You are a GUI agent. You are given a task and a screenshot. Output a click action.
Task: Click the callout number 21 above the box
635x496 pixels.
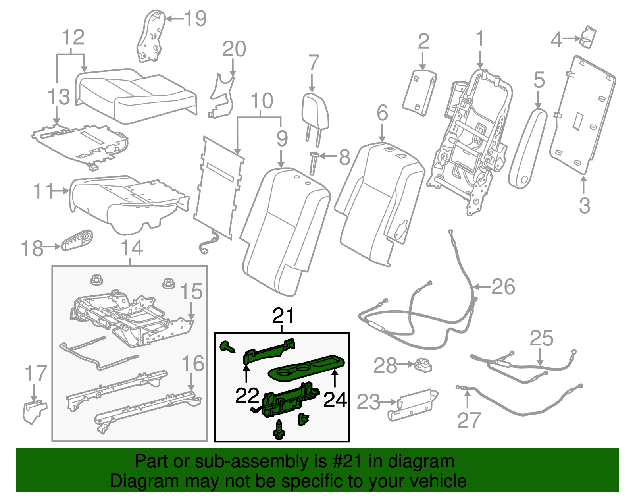coord(283,316)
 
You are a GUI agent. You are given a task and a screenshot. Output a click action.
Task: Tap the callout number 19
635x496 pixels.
coord(196,18)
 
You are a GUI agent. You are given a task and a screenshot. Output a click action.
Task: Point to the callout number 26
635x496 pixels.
coord(503,286)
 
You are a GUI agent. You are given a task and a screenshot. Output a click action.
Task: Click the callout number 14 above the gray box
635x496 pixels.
coord(131,248)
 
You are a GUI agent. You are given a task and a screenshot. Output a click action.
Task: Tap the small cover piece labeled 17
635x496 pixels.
coord(34,411)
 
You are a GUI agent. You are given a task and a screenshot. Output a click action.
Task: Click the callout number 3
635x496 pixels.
coord(584,205)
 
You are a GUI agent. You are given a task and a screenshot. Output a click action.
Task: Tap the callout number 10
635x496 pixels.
coord(262,101)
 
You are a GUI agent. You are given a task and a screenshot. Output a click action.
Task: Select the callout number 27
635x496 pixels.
coord(469,420)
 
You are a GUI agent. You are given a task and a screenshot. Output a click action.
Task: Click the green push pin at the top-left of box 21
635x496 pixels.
coord(227,347)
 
